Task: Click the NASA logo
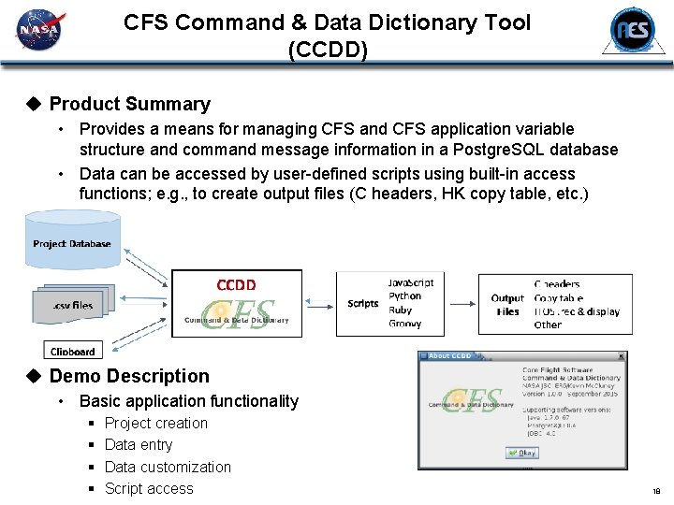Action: (38, 31)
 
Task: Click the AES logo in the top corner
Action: (633, 31)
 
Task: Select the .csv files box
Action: (72, 304)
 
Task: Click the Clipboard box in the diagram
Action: (72, 352)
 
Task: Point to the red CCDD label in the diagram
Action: (236, 284)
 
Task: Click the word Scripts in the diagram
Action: (362, 303)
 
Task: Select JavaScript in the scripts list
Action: (411, 282)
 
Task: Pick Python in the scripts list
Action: (404, 296)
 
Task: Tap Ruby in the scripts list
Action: (400, 310)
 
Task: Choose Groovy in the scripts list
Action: (404, 324)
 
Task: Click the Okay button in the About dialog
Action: (521, 453)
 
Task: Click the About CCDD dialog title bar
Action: (520, 356)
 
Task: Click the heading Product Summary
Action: (129, 104)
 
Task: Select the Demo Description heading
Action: (129, 376)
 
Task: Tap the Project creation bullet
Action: (156, 423)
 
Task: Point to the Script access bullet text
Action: (149, 488)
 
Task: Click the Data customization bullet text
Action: (168, 467)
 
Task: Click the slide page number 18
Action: (656, 491)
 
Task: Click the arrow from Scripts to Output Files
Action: (459, 303)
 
